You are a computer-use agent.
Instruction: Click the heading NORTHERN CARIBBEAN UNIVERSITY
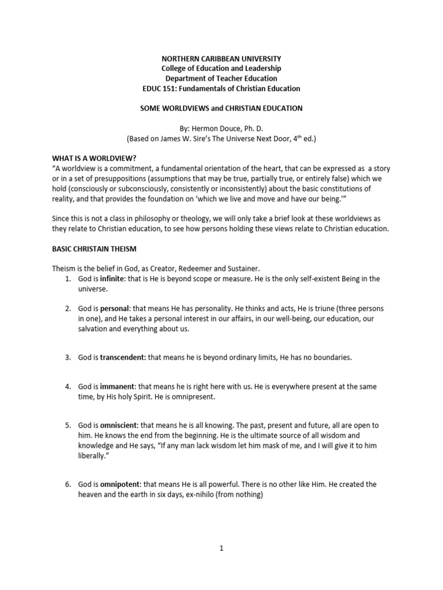(221, 59)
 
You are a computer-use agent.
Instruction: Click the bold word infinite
(112, 279)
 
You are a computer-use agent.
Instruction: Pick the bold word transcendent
(123, 357)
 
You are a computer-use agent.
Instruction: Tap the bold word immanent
(118, 386)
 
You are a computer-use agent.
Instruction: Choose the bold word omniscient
(119, 425)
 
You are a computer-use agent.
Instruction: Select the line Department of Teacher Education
(221, 78)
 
